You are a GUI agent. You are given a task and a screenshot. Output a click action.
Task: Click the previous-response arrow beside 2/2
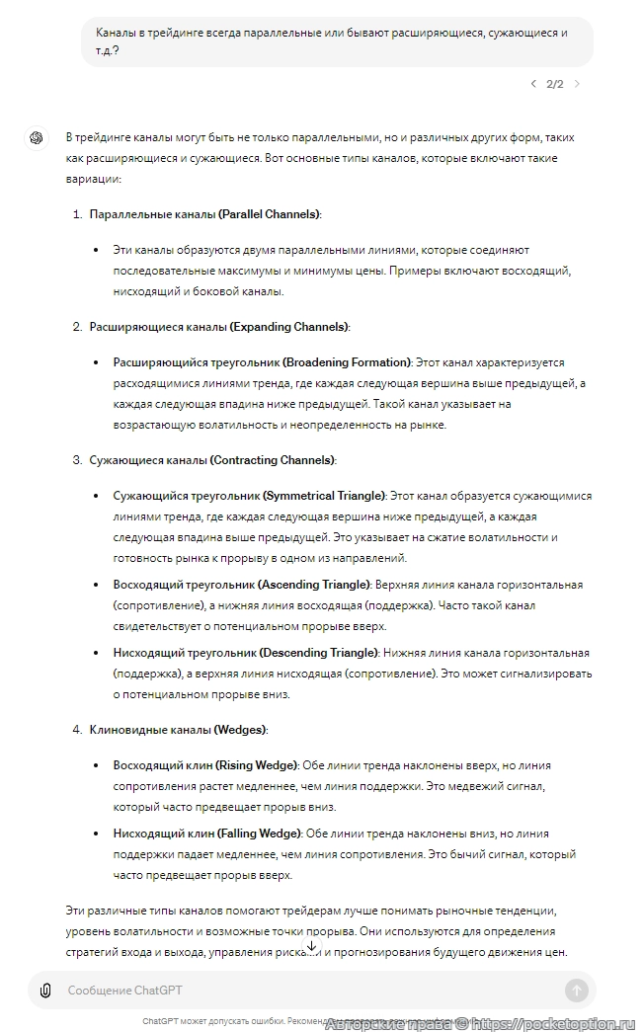pos(533,84)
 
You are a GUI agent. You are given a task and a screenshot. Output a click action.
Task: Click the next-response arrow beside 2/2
pos(577,84)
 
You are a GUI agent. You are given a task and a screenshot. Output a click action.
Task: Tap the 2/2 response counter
pos(555,84)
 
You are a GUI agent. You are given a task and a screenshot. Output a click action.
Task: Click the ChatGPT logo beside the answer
pos(37,137)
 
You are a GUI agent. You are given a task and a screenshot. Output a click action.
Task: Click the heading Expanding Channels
pos(218,326)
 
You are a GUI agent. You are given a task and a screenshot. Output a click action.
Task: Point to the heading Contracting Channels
pos(211,460)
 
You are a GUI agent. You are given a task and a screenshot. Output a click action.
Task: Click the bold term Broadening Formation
pos(262,362)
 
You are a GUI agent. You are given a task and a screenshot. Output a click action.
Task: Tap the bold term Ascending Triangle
pos(242,585)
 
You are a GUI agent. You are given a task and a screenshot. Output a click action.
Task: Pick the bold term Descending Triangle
pos(246,653)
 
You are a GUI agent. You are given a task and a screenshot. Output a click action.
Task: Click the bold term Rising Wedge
pos(205,765)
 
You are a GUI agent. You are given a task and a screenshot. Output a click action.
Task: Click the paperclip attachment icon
pos(45,991)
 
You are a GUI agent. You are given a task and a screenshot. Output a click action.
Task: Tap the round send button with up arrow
pos(577,991)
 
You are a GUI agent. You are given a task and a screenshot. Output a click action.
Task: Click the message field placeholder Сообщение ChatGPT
pos(125,991)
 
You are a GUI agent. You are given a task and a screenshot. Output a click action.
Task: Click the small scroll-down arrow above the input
pos(312,946)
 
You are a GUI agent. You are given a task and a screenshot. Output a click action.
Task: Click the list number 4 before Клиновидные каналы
pos(76,730)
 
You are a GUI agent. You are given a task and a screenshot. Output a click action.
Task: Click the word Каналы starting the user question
pos(117,33)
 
